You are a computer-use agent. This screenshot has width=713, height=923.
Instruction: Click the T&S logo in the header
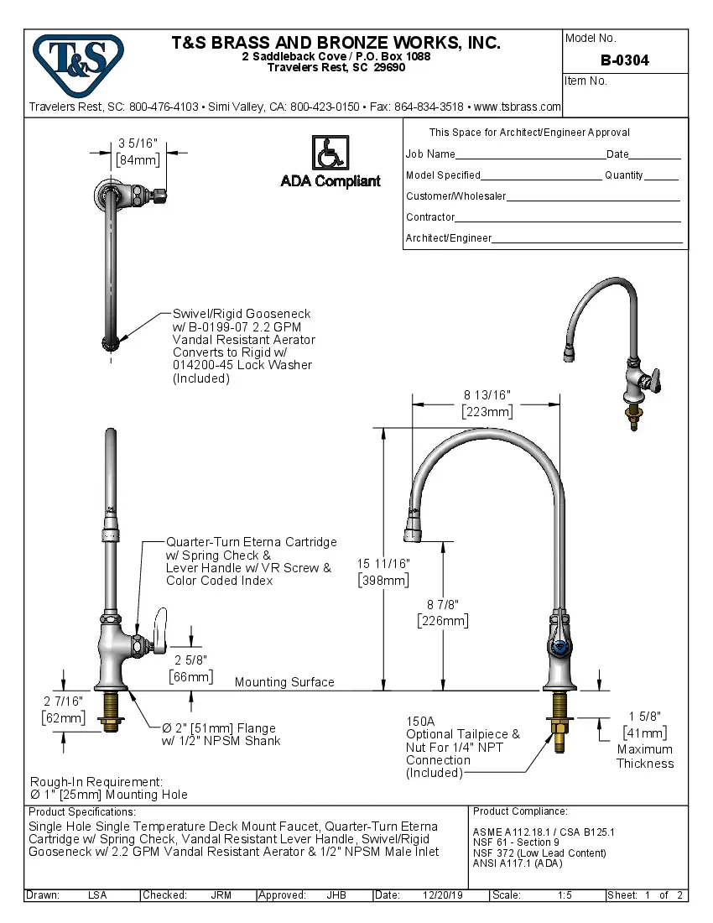coord(78,60)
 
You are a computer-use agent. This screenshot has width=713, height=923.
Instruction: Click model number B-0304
coord(624,60)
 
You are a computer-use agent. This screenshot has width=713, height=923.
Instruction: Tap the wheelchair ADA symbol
coord(330,154)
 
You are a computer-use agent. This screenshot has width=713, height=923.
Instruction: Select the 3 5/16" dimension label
coord(138,144)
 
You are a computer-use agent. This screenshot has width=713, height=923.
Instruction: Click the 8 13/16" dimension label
coord(487,395)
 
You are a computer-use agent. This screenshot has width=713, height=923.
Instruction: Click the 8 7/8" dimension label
coord(442,604)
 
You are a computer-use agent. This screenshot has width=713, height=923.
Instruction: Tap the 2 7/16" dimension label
coord(64,701)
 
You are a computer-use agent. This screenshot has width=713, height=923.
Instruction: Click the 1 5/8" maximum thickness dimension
coord(644,716)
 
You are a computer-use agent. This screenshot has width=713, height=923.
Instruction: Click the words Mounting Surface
coord(284,682)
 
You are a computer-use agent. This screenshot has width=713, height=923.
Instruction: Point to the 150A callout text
coord(420,721)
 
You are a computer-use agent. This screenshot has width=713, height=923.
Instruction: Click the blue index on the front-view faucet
coord(558,647)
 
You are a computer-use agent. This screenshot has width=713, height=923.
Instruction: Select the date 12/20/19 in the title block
coord(443,895)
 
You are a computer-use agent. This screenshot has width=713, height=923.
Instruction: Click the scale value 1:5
coord(565,895)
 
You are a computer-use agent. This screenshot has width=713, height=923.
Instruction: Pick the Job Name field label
coord(430,154)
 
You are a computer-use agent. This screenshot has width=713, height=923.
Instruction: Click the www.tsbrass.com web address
coord(517,107)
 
